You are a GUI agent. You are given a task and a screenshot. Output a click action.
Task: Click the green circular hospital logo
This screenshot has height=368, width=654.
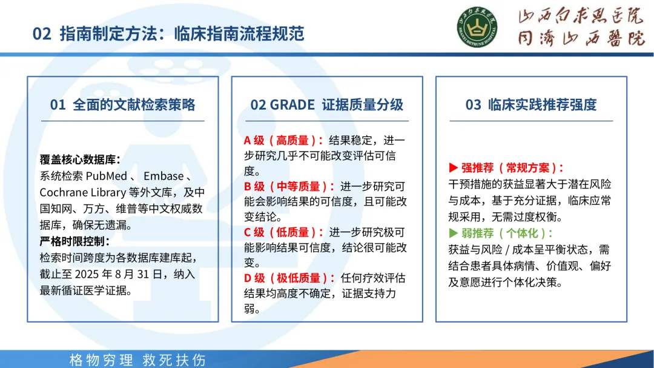pyautogui.click(x=477, y=27)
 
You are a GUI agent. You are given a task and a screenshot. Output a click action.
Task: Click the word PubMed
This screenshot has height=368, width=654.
pyautogui.click(x=107, y=176)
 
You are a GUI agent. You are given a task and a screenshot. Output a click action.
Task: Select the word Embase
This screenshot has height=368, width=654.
pyautogui.click(x=163, y=176)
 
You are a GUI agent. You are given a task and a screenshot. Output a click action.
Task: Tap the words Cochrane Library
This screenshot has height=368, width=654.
pyautogui.click(x=82, y=192)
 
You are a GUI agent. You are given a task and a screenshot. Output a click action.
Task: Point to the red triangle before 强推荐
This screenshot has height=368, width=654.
pyautogui.click(x=454, y=168)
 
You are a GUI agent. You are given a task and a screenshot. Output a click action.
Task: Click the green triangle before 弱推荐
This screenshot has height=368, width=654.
pyautogui.click(x=454, y=233)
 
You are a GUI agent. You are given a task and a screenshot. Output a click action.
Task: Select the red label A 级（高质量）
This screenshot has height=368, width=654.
pyautogui.click(x=283, y=141)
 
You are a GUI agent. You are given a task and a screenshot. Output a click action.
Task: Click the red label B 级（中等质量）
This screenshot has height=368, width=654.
pyautogui.click(x=289, y=186)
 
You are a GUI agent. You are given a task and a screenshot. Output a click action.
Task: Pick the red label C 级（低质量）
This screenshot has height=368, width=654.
pyautogui.click(x=283, y=232)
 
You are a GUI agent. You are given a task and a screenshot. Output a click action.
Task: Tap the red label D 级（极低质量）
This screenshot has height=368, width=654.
pyautogui.click(x=289, y=278)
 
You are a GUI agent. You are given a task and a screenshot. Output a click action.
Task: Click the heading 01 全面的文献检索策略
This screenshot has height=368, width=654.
pyautogui.click(x=122, y=104)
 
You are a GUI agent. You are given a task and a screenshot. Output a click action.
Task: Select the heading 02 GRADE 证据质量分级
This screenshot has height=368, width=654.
pyautogui.click(x=326, y=104)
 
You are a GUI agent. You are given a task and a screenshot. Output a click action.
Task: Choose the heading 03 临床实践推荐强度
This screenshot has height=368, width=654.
pyautogui.click(x=531, y=104)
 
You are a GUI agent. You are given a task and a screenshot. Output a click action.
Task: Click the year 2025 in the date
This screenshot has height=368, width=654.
pyautogui.click(x=87, y=275)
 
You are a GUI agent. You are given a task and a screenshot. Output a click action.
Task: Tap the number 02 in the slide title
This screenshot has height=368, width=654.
pyautogui.click(x=42, y=34)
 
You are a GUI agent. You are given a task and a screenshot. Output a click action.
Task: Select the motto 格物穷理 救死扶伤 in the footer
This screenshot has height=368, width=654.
pyautogui.click(x=137, y=360)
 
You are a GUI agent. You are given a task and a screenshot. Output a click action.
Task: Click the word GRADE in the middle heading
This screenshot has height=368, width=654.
pyautogui.click(x=292, y=104)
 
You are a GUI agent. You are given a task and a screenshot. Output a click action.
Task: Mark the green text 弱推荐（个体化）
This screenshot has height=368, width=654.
pyautogui.click(x=506, y=233)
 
